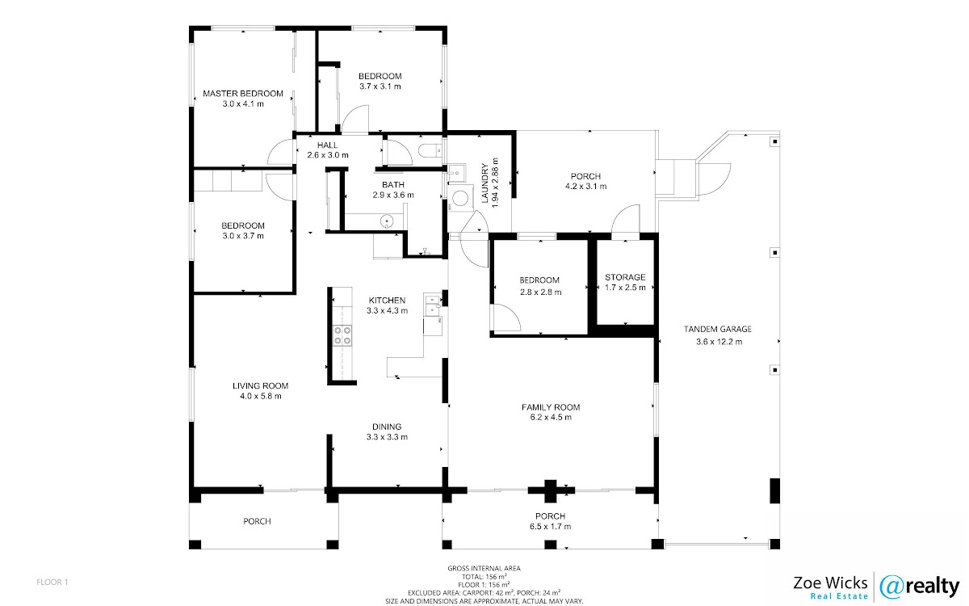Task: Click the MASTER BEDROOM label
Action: pyautogui.click(x=243, y=94)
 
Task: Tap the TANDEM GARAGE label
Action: pyautogui.click(x=718, y=329)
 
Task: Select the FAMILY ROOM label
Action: pyautogui.click(x=551, y=407)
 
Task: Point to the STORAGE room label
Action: pyautogui.click(x=625, y=277)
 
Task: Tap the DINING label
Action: pyautogui.click(x=387, y=427)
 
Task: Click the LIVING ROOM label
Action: pyautogui.click(x=260, y=385)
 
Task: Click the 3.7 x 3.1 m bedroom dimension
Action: pyautogui.click(x=380, y=86)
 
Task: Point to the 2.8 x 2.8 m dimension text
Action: pyautogui.click(x=540, y=292)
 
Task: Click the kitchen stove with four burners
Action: pyautogui.click(x=342, y=335)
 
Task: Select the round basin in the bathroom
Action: pyautogui.click(x=387, y=220)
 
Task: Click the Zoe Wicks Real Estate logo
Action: pyautogui.click(x=831, y=586)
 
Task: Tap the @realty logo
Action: pyautogui.click(x=919, y=585)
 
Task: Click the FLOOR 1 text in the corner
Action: pyautogui.click(x=53, y=582)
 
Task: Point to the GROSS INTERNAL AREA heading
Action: pyautogui.click(x=484, y=569)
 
